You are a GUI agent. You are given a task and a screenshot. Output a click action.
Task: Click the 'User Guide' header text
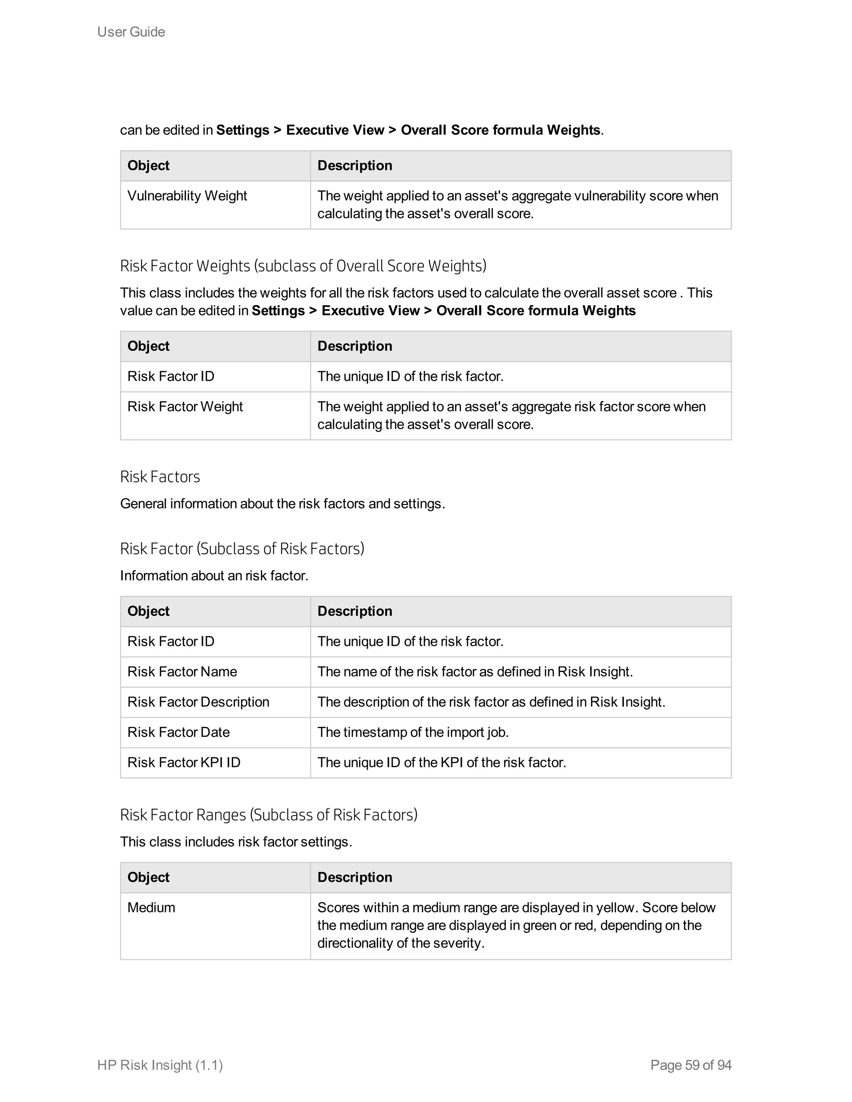[131, 32]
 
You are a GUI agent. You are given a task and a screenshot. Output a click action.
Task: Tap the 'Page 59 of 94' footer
[691, 1065]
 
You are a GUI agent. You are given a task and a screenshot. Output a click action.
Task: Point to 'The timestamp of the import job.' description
[412, 732]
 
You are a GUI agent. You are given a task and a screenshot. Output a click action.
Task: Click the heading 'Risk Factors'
[160, 477]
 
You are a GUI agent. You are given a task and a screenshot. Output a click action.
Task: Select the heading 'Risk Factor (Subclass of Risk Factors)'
[242, 549]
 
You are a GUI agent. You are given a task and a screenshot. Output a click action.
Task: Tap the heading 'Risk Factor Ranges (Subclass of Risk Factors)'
[268, 815]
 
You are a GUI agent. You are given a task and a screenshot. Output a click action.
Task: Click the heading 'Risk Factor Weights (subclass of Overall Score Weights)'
[303, 266]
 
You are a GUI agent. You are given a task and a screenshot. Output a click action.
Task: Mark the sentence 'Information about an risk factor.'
[214, 576]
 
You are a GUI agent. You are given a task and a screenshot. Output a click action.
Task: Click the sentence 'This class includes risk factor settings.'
[236, 842]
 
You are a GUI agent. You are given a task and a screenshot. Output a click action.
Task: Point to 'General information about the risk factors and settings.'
[282, 504]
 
